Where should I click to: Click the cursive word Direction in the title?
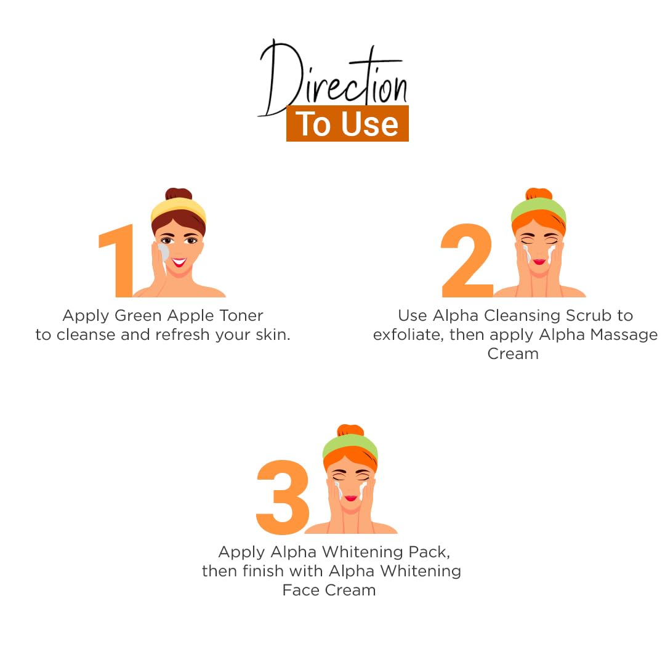[333, 78]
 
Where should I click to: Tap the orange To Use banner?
[347, 123]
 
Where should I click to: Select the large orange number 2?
[467, 260]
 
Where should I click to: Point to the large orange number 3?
[283, 497]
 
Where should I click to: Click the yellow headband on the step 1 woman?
[179, 209]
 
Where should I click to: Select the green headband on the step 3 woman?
[350, 446]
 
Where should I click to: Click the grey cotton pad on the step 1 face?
[163, 253]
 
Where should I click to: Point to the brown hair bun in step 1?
[179, 194]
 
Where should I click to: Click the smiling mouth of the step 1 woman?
[179, 262]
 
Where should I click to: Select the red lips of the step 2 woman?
[539, 262]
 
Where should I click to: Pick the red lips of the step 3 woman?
[351, 498]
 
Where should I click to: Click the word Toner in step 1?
[241, 315]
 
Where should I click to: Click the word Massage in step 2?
[623, 335]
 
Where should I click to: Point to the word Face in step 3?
[301, 590]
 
